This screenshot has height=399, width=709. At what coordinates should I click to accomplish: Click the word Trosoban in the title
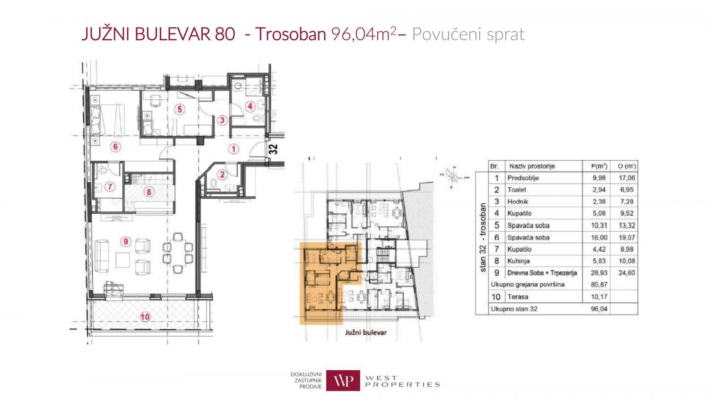291,34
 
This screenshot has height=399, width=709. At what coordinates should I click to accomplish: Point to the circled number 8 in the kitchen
148,191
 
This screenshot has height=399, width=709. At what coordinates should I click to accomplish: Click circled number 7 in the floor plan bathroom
110,187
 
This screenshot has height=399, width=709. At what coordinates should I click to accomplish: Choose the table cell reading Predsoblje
523,178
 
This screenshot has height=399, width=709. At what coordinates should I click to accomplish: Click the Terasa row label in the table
518,297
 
